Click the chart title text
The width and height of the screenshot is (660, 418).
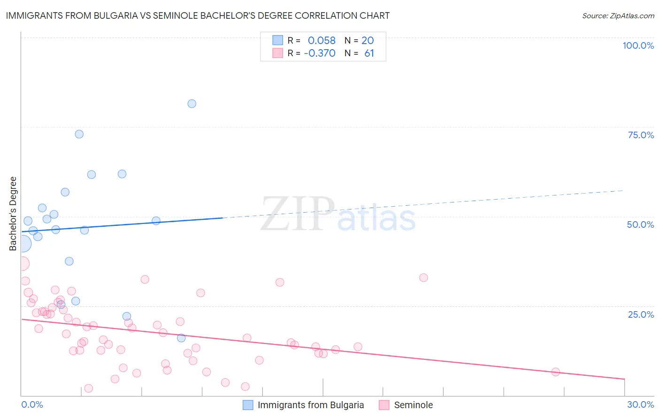[198, 15]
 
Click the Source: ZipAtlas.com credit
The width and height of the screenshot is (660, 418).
[618, 16]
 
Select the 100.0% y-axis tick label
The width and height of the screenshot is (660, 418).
[638, 45]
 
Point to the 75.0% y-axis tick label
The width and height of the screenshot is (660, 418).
[641, 135]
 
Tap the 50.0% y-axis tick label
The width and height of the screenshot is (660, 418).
[640, 224]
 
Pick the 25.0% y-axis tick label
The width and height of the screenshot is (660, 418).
[641, 314]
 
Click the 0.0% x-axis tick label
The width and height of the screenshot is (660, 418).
[32, 404]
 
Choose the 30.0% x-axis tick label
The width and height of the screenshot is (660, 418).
[640, 404]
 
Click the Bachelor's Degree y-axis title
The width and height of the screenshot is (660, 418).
[13, 214]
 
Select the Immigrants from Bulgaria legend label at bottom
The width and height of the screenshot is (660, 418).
[311, 405]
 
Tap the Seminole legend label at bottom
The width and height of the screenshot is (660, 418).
[413, 405]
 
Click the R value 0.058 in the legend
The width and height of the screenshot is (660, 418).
[322, 41]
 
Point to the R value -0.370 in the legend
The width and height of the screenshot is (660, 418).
[320, 53]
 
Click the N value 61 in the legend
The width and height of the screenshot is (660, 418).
[369, 53]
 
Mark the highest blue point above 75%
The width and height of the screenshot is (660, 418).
[192, 104]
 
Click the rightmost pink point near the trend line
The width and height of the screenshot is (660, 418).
[555, 372]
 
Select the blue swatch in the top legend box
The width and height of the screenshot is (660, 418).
[278, 40]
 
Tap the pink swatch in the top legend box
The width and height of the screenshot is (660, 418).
[278, 53]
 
